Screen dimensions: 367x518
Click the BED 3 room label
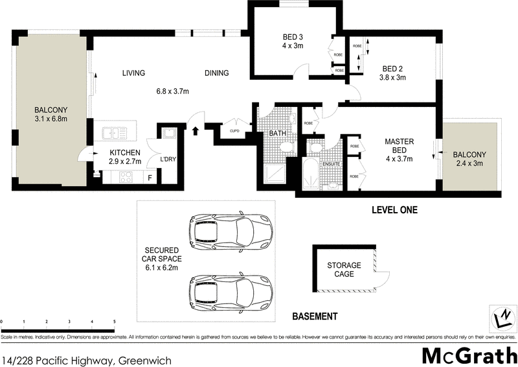point(293,36)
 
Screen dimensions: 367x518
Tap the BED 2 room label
point(393,69)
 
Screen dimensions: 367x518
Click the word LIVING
point(133,73)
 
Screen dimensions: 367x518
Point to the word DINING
point(217,73)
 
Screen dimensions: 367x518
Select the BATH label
point(278,134)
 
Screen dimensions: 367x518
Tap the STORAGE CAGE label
point(344,270)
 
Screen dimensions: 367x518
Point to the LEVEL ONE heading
point(394,210)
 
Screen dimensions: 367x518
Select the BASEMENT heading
point(315,316)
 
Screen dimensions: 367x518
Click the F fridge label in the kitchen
point(150,177)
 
